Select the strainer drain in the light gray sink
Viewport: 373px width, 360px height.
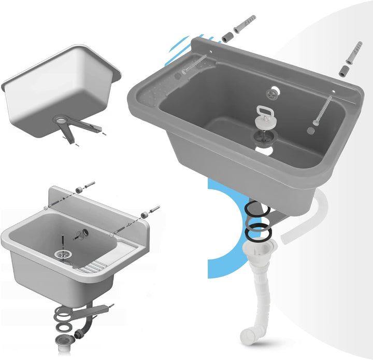(62, 255)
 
